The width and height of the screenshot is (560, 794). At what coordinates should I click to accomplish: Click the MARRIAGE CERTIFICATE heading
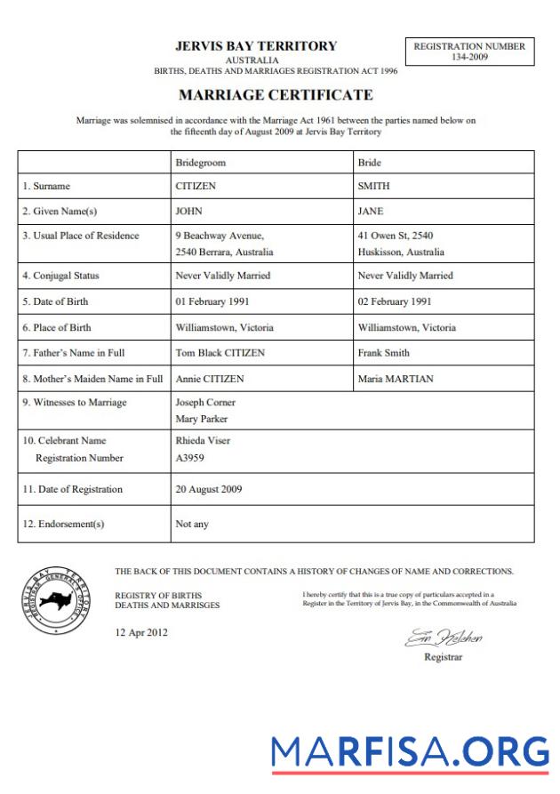pos(276,94)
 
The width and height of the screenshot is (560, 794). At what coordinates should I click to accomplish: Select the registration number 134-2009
pos(469,57)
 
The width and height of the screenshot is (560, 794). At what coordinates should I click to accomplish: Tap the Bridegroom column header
pos(201,164)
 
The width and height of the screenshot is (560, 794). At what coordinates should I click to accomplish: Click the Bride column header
pos(369,164)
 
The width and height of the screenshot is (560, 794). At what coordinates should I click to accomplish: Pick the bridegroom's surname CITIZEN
pos(196,187)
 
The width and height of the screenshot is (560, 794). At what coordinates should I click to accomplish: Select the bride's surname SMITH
pos(373,187)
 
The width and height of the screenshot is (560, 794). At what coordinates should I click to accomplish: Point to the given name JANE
pos(370,212)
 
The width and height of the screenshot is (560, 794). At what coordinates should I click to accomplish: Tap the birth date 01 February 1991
pos(212,301)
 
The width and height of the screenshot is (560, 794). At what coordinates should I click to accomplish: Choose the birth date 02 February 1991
pos(394,301)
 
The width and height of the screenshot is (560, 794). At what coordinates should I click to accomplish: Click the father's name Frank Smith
pos(383,353)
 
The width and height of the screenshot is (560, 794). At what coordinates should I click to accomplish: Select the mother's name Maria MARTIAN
pos(396,379)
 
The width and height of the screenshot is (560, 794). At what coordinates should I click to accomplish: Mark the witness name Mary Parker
pos(202,418)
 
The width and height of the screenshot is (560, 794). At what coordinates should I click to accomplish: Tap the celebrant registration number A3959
pos(190,458)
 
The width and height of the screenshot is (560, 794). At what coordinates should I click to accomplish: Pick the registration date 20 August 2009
pos(208,489)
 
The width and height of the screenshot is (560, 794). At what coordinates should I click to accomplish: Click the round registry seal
pos(58,601)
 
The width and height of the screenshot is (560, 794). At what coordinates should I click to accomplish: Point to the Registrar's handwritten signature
pos(444,638)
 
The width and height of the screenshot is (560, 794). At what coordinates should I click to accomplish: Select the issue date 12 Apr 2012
pos(140,633)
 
